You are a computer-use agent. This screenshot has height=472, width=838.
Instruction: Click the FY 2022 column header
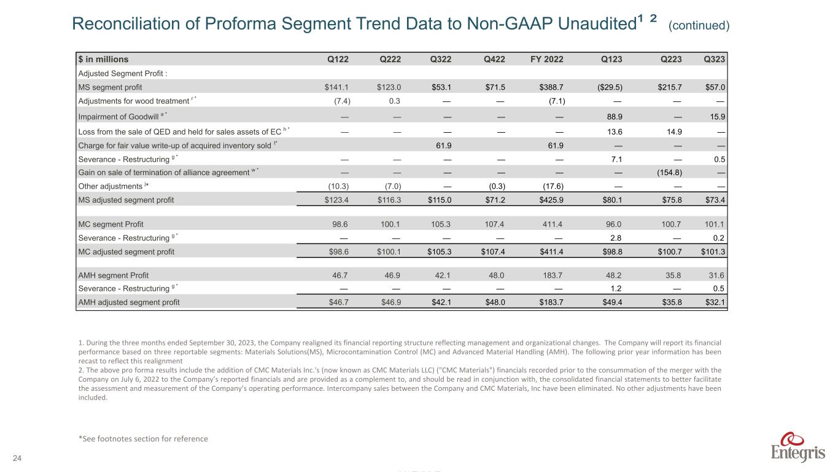pyautogui.click(x=546, y=60)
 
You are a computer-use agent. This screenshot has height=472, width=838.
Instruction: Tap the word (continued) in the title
pyautogui.click(x=699, y=25)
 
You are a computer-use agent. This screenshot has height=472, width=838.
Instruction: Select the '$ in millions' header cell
pyautogui.click(x=103, y=60)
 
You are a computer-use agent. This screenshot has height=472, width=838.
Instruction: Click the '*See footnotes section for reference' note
pyautogui.click(x=143, y=439)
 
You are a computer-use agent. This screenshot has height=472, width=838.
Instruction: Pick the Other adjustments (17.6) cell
pyautogui.click(x=553, y=186)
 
